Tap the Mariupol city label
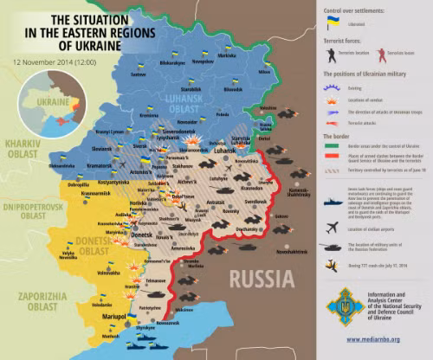pyautogui.click(x=115, y=317)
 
